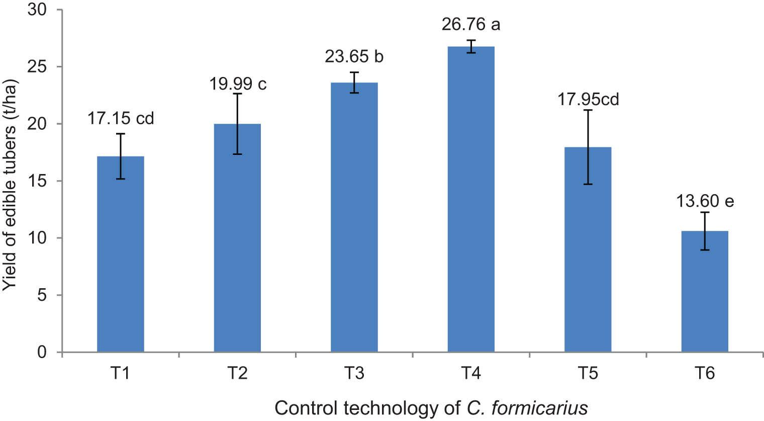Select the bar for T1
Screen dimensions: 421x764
click(x=121, y=254)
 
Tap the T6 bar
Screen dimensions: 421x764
click(x=705, y=291)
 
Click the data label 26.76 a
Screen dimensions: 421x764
click(x=471, y=24)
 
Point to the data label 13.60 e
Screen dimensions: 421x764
click(x=705, y=201)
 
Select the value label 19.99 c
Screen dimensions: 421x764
click(x=238, y=83)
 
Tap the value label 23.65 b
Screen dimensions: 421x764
click(x=354, y=56)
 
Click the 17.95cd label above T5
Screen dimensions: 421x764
click(x=588, y=99)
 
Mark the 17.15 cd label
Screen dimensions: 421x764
click(x=121, y=118)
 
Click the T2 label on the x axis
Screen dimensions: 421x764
click(x=237, y=373)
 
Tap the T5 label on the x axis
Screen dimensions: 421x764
click(x=588, y=373)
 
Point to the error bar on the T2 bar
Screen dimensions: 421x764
click(x=238, y=124)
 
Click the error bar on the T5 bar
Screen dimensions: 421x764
click(x=588, y=147)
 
